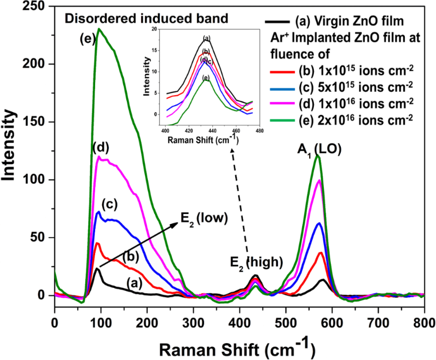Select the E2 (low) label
coord(204,219)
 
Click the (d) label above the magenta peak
coord(102,148)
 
